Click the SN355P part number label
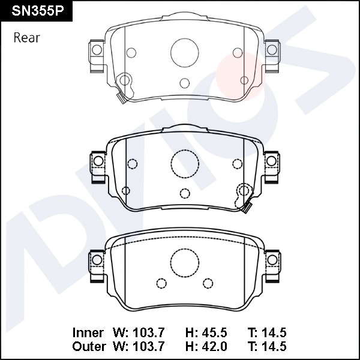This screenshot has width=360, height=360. coord(36,12)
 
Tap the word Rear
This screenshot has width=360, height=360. coord(26,38)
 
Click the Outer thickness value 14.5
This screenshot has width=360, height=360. coord(275,346)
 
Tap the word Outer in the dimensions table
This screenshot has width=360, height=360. coord(89,346)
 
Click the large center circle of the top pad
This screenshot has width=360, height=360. coord(185,52)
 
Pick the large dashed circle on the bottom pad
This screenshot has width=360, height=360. coord(185,261)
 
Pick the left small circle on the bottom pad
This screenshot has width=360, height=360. coord(160,282)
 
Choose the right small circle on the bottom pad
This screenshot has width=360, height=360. coord(208,282)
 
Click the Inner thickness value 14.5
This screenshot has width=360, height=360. coord(275,332)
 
